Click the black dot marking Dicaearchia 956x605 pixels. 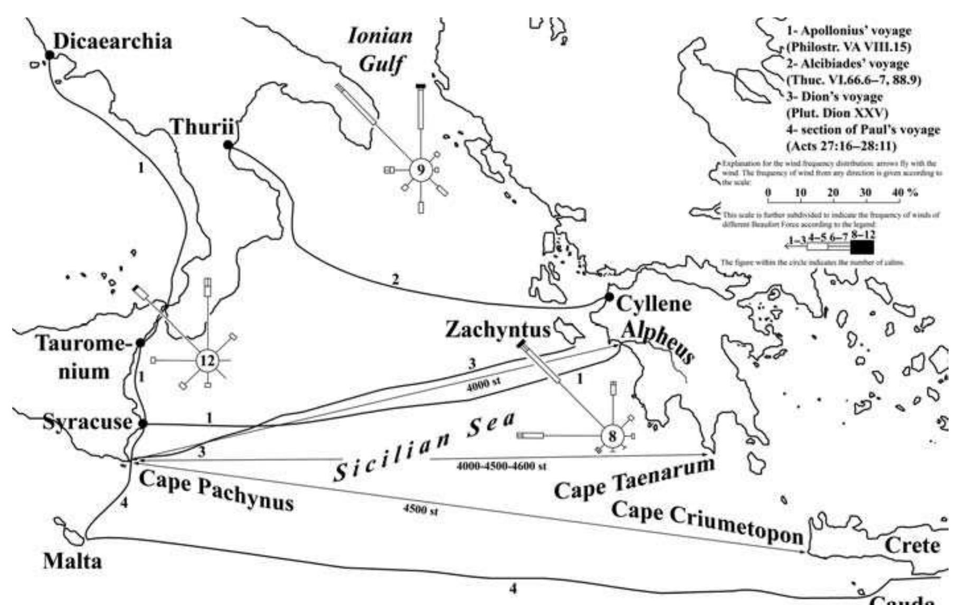coord(49,55)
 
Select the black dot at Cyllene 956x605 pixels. coord(609,297)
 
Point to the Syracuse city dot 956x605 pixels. coord(142,424)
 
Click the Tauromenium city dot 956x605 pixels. coord(140,343)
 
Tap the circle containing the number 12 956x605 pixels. coord(206,361)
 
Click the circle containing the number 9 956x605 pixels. coord(421,170)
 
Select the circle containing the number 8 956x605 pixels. coord(612,436)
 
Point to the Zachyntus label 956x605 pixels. coord(498,330)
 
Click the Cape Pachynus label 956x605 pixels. coord(216,489)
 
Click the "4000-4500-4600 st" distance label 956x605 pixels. coord(501,466)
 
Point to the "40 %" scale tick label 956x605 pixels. coord(905,192)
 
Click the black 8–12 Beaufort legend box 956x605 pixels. coord(862,247)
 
